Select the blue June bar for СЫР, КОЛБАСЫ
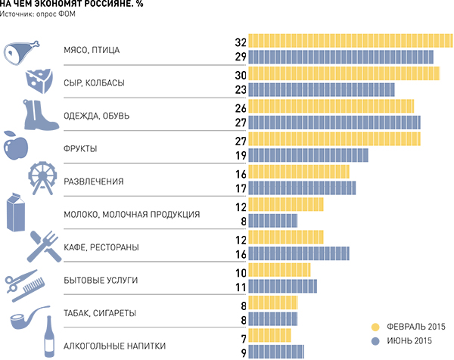(x=322, y=89)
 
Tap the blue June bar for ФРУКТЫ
(x=308, y=155)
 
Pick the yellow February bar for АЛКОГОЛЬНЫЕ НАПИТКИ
(x=269, y=334)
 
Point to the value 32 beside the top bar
(x=241, y=41)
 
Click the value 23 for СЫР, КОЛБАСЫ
(x=241, y=89)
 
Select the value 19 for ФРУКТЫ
(x=241, y=155)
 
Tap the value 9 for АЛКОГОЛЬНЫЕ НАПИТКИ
(x=244, y=350)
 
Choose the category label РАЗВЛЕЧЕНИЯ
(x=94, y=182)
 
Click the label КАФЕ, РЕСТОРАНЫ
(x=98, y=247)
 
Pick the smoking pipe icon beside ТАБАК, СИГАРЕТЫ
(x=24, y=318)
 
